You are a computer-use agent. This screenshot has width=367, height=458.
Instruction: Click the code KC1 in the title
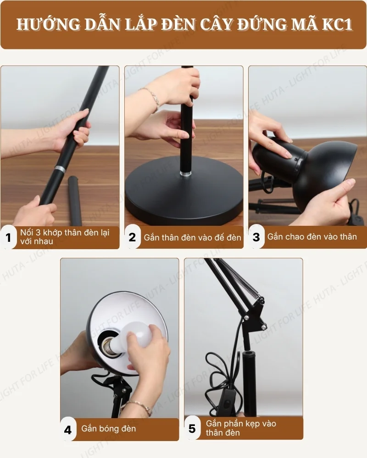pos(337,25)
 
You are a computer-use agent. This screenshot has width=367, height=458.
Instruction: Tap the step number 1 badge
pos(8,237)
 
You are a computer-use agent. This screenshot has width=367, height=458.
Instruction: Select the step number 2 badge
pos(132,237)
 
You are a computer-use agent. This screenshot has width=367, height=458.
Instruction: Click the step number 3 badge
pos(256,237)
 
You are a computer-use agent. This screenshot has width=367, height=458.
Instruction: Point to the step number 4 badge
pos(68,430)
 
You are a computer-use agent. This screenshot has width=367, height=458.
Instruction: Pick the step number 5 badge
pos(192,429)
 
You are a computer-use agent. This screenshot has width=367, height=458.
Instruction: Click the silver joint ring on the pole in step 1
pos(60,169)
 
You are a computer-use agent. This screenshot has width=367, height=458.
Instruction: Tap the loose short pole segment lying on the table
pos(75,201)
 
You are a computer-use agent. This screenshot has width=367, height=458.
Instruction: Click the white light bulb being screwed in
pos(137,336)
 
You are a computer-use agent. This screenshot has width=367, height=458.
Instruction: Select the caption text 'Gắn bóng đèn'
pos(109,429)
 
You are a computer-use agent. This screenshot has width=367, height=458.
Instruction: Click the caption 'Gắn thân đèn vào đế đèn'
pos(192,237)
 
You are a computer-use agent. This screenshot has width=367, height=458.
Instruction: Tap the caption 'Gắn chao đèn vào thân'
pos(312,237)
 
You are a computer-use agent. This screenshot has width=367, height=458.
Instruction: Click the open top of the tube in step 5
pos(248,354)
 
